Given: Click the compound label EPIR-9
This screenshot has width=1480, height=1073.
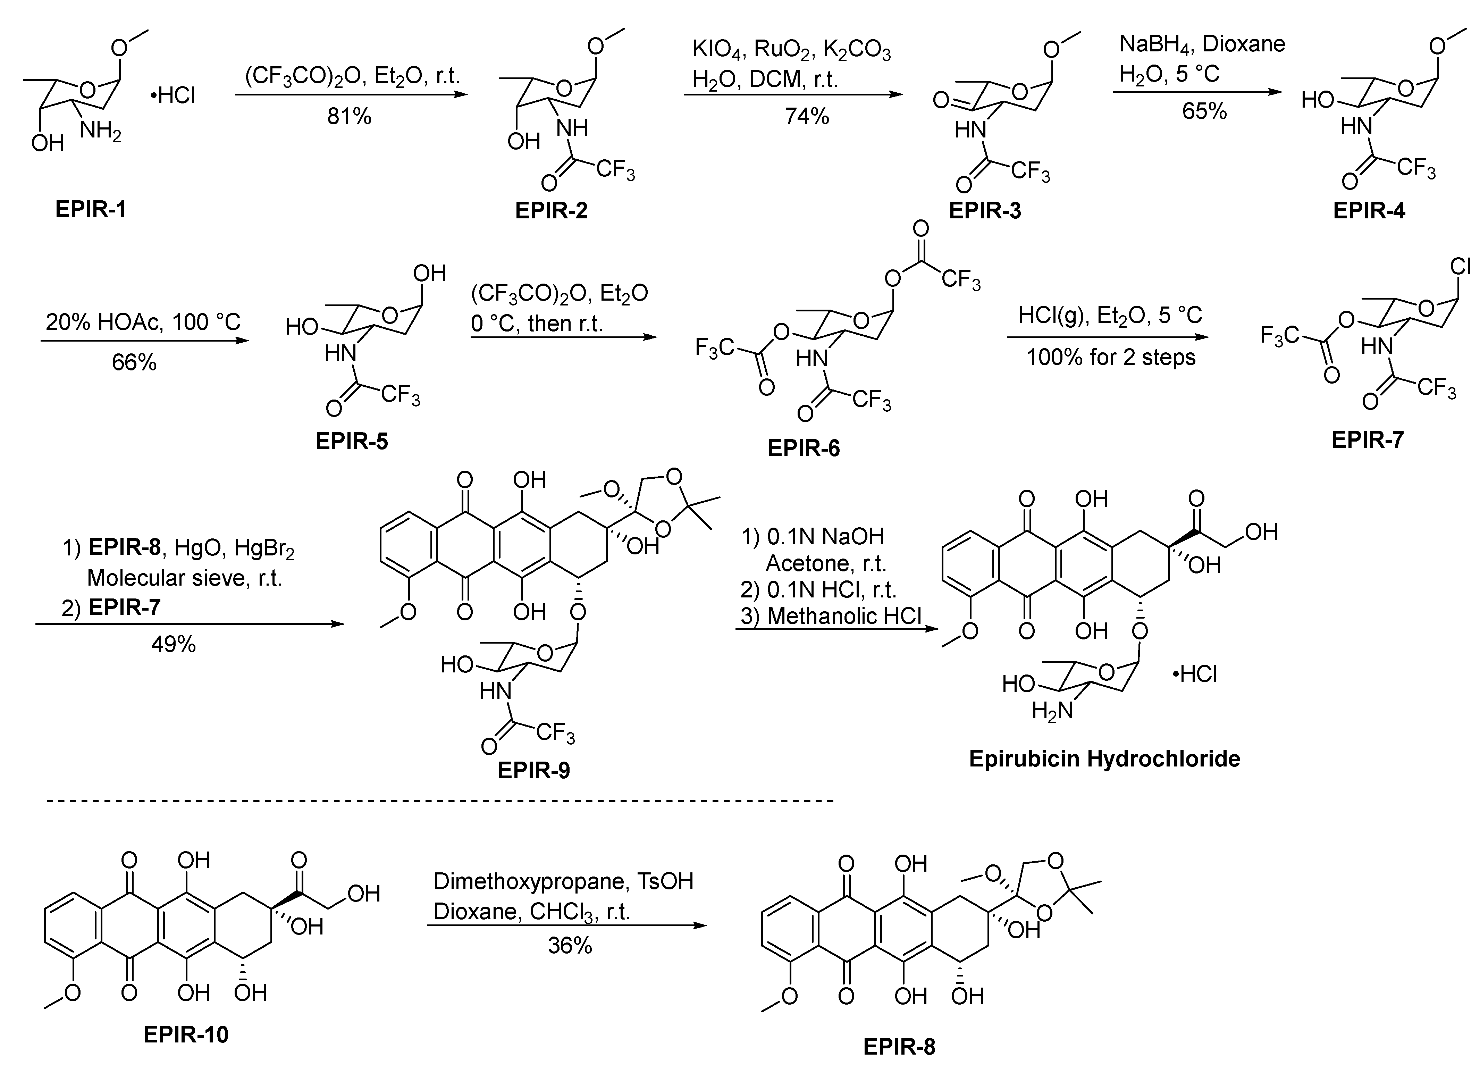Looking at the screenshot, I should coord(534,770).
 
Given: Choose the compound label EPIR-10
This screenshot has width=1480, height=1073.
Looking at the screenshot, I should coord(186,1034).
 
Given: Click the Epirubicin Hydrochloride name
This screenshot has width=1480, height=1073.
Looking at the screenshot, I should coord(1104,758).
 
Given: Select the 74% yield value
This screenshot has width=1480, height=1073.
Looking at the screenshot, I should coord(807,116).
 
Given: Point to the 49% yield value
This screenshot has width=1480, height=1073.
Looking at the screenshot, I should coord(174,645).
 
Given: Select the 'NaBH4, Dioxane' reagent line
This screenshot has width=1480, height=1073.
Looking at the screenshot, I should coord(1202,44).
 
